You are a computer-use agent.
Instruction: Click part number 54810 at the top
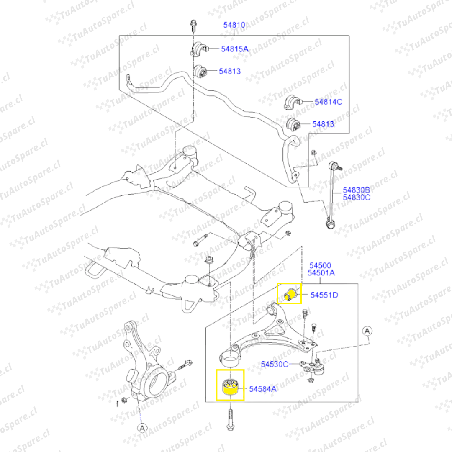tap(234, 25)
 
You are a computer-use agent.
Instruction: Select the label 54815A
tap(235, 49)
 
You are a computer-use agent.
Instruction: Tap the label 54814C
tap(329, 102)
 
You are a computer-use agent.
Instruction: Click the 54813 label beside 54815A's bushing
tap(230, 71)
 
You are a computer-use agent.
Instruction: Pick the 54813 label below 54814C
tap(323, 124)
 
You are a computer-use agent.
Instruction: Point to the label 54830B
tap(356, 190)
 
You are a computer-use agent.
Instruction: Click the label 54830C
tap(356, 198)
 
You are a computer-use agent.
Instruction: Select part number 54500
tap(320, 265)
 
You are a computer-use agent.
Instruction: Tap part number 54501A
tap(321, 273)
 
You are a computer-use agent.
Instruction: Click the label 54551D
tap(324, 295)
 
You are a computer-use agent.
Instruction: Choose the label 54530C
tap(275, 365)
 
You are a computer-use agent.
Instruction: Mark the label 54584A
tap(262, 389)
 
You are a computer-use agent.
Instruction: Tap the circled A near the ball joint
tap(367, 331)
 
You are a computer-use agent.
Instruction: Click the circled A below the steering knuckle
tap(142, 428)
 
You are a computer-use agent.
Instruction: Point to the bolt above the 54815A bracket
tap(193, 26)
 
